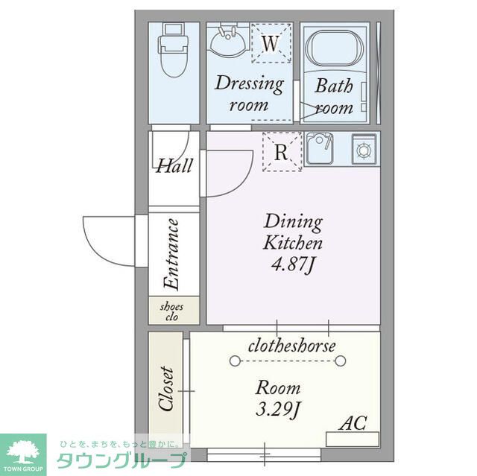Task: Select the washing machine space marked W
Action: [x=271, y=43]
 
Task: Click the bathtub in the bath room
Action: [x=335, y=50]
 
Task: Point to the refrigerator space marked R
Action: [x=282, y=152]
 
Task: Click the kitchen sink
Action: [x=319, y=148]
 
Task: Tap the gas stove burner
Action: [x=364, y=149]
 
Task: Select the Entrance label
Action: [x=171, y=253]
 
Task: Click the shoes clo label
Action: [x=172, y=311]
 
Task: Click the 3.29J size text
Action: [x=278, y=410]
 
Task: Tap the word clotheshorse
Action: [x=292, y=346]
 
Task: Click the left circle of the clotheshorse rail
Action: [x=235, y=361]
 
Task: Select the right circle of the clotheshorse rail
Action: [x=341, y=361]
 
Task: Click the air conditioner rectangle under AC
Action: [x=353, y=439]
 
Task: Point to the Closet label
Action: [x=166, y=388]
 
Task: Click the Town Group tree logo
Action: [x=23, y=451]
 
